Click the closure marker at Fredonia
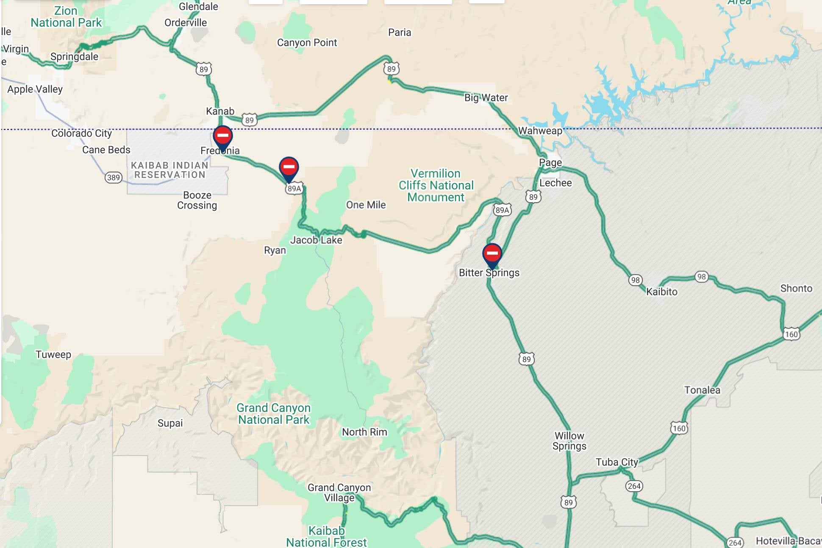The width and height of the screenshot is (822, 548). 222,136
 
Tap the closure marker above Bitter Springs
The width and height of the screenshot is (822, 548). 492,253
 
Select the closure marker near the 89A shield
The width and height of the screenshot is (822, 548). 289,167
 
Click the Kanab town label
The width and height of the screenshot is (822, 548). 220,111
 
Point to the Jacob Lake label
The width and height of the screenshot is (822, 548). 316,240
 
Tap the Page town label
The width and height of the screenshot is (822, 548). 550,163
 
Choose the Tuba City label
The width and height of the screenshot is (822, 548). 616,462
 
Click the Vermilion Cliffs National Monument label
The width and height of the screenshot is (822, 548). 436,186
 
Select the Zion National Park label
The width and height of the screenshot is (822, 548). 66,17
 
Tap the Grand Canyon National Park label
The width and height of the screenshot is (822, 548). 274,414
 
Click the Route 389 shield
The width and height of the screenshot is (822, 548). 113,178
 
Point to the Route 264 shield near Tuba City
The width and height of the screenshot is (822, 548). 634,486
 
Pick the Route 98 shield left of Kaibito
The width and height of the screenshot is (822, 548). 635,280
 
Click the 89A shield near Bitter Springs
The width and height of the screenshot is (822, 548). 502,210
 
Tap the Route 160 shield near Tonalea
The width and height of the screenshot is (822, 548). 679,428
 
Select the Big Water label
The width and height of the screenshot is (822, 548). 486,98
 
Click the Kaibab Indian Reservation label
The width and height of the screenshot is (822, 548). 169,170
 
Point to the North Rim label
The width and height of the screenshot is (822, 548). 364,432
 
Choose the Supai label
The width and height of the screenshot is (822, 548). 170,423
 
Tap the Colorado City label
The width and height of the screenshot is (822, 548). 81,134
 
